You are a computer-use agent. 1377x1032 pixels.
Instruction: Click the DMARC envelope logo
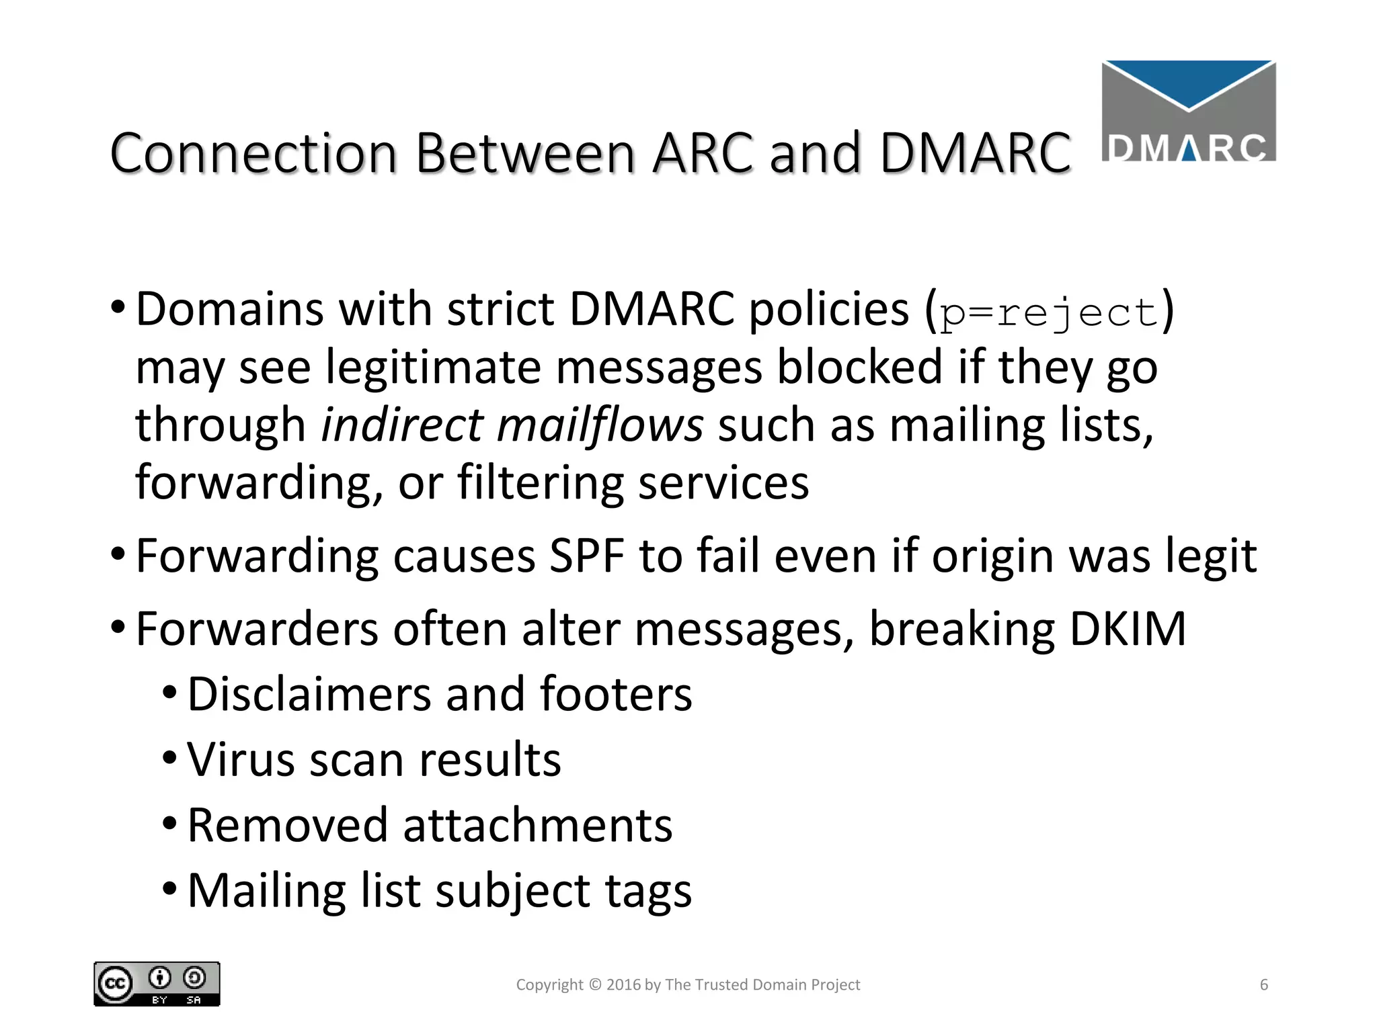click(1188, 111)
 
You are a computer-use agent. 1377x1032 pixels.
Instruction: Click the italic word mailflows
click(600, 426)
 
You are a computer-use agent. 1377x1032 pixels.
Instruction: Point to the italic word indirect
click(401, 426)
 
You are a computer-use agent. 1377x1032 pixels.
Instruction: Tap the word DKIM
click(1128, 630)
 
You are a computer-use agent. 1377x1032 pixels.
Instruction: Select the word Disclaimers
click(309, 694)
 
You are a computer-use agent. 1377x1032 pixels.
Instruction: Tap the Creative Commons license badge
click(157, 984)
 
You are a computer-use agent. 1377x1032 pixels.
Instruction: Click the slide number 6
click(1263, 985)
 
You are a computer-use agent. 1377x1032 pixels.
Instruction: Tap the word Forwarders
click(257, 630)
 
